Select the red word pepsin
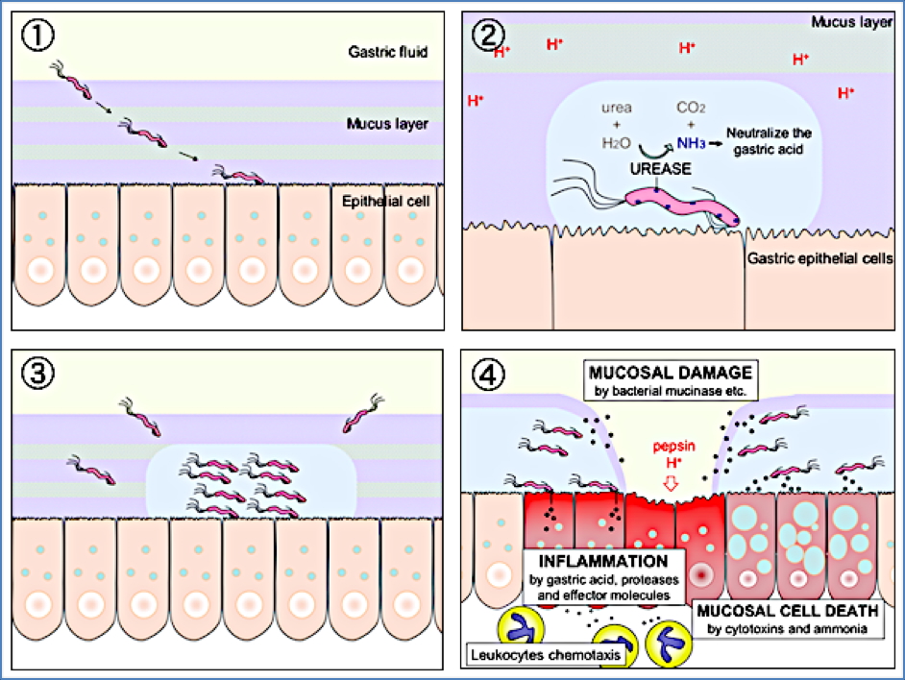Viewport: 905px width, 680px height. (x=671, y=447)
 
